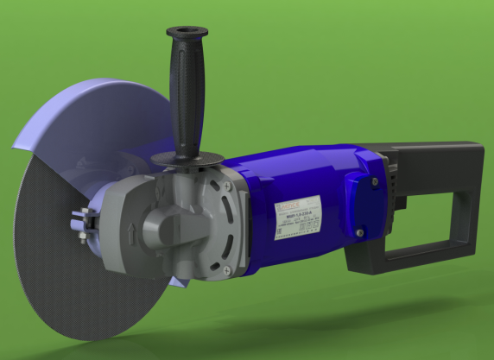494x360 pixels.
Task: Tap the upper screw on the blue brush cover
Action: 372,182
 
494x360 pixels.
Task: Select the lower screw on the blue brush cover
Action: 358,231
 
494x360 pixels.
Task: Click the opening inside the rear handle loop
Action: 427,220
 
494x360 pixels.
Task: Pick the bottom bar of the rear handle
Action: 415,260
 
